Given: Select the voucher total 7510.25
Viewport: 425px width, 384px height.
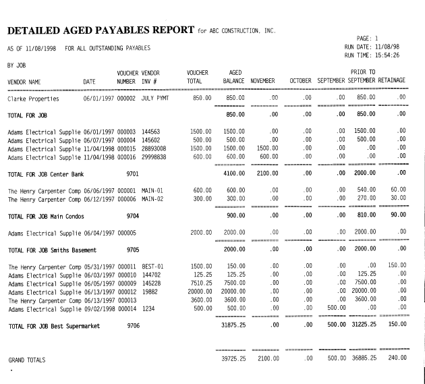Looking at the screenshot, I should point(200,283).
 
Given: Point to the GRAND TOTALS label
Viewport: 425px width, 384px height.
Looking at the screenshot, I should point(26,360).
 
